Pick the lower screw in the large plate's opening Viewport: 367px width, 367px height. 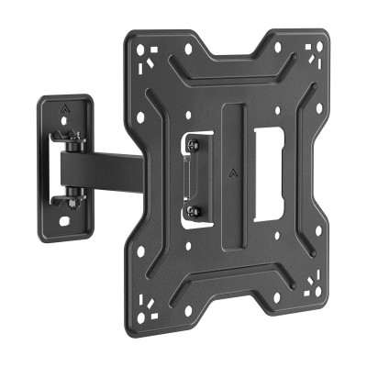192,212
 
